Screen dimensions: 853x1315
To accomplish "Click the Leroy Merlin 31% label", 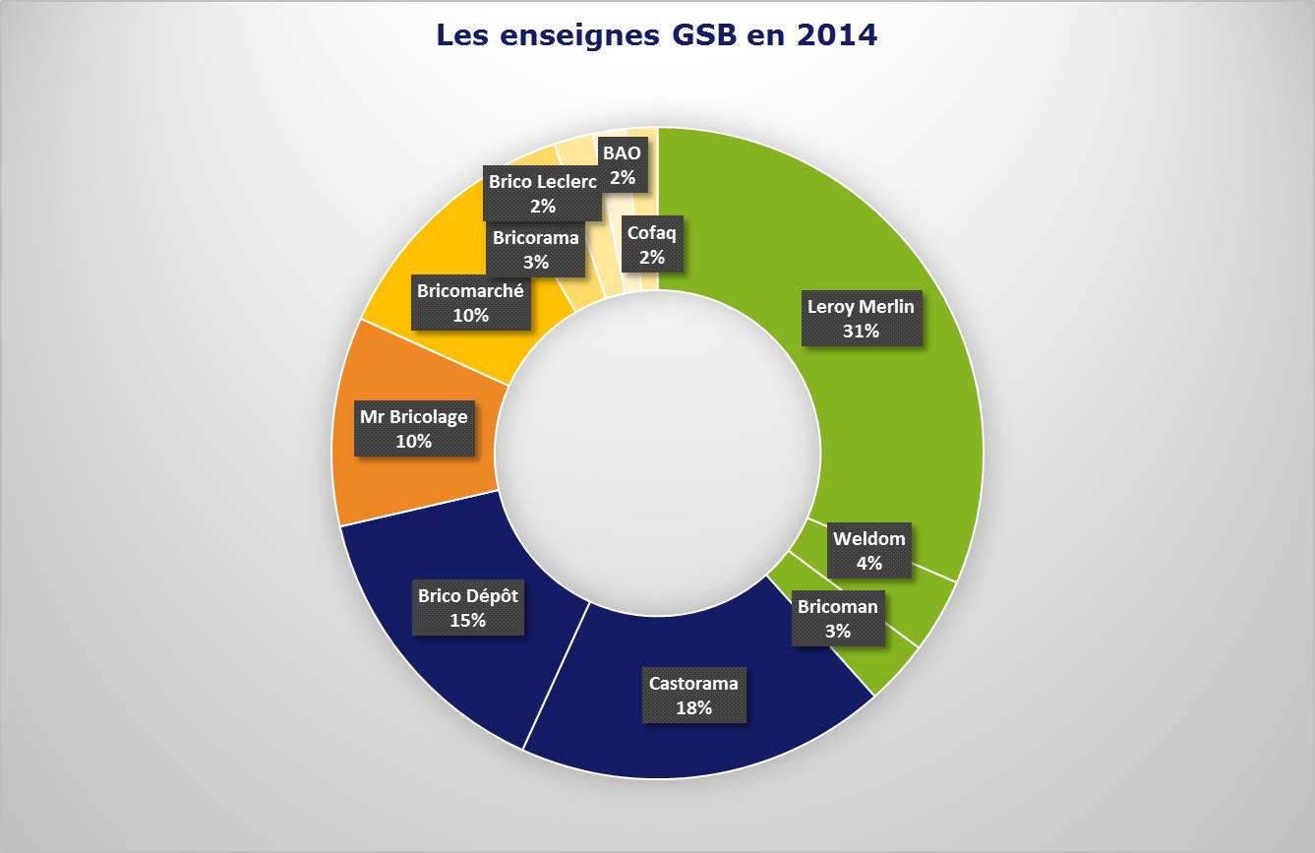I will click(x=861, y=319).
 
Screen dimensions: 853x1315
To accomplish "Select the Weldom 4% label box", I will click(x=868, y=551).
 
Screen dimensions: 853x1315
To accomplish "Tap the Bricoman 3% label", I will click(x=837, y=619).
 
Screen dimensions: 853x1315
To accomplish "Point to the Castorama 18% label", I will click(x=693, y=695).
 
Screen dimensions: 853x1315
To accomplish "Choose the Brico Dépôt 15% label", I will click(x=467, y=607).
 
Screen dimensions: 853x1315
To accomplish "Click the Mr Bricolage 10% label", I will click(x=413, y=429).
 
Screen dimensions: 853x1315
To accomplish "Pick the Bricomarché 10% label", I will click(x=470, y=303).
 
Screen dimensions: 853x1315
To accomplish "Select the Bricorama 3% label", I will click(x=535, y=249).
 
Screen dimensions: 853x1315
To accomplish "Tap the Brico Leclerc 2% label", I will click(x=542, y=193).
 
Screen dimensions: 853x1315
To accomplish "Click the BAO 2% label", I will click(x=622, y=165).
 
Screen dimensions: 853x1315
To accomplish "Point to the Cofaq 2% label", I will click(x=652, y=245).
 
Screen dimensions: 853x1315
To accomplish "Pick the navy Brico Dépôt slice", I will click(x=433, y=679).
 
